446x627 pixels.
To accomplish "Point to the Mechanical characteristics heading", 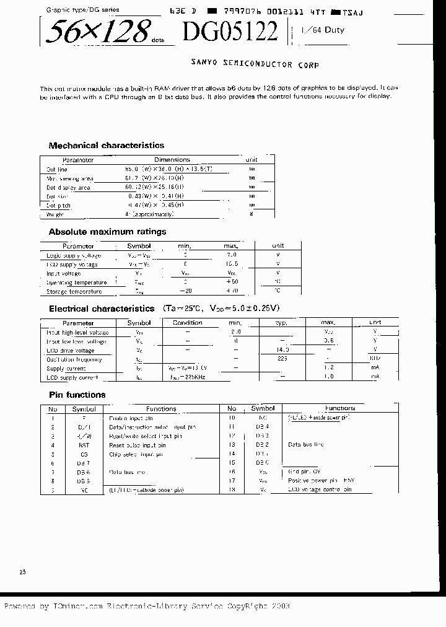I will (x=106, y=146).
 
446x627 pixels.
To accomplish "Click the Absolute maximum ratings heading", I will (x=107, y=232).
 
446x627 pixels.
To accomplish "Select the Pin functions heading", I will (x=77, y=395).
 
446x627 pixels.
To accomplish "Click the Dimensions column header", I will (x=172, y=160).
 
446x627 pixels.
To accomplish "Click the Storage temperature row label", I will (x=74, y=291).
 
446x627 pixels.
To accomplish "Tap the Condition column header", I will (x=187, y=323).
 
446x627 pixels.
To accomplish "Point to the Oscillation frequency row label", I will (x=74, y=359).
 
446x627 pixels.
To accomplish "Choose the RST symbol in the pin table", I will (x=84, y=445).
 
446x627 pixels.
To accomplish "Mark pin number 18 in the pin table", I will (x=232, y=489).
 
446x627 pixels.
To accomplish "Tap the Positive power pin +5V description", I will (x=321, y=481).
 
